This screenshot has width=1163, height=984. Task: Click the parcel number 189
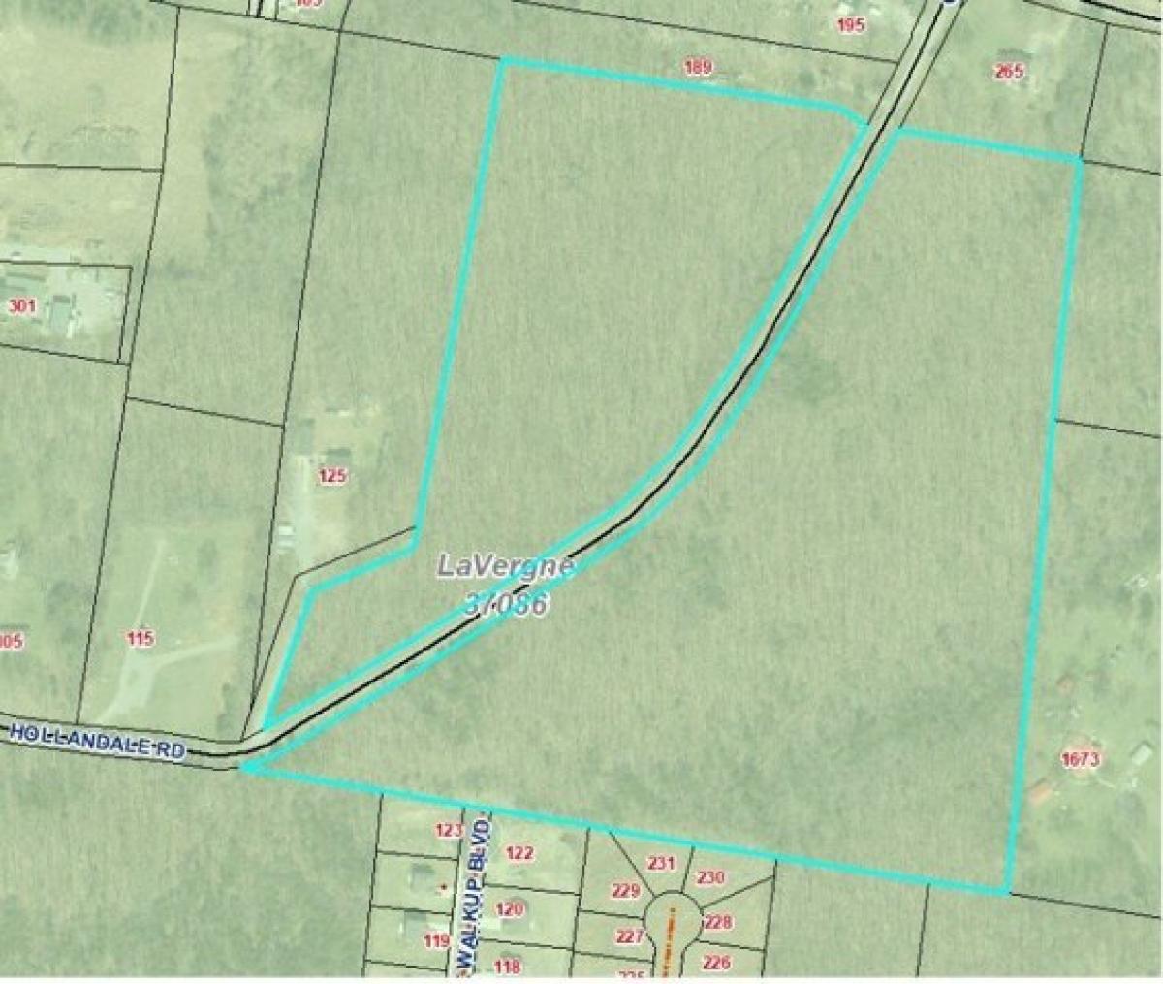(698, 68)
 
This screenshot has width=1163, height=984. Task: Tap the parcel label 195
(850, 25)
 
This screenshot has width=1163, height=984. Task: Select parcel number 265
(1009, 70)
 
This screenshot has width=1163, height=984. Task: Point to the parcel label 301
(21, 307)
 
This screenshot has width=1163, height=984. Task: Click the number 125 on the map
(331, 476)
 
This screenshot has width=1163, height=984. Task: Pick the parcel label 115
(140, 638)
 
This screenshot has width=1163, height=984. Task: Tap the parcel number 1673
(1080, 759)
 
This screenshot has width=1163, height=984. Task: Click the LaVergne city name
(506, 565)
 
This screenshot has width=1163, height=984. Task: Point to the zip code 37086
(508, 603)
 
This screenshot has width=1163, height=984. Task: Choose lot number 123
(449, 830)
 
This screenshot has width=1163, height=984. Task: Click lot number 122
(519, 853)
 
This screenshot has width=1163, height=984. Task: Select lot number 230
(710, 877)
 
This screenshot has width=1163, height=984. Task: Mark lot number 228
(717, 922)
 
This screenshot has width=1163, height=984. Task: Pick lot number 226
(715, 962)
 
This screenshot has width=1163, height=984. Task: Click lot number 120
(510, 908)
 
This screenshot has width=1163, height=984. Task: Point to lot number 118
(507, 966)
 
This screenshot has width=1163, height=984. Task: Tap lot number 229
(626, 891)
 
